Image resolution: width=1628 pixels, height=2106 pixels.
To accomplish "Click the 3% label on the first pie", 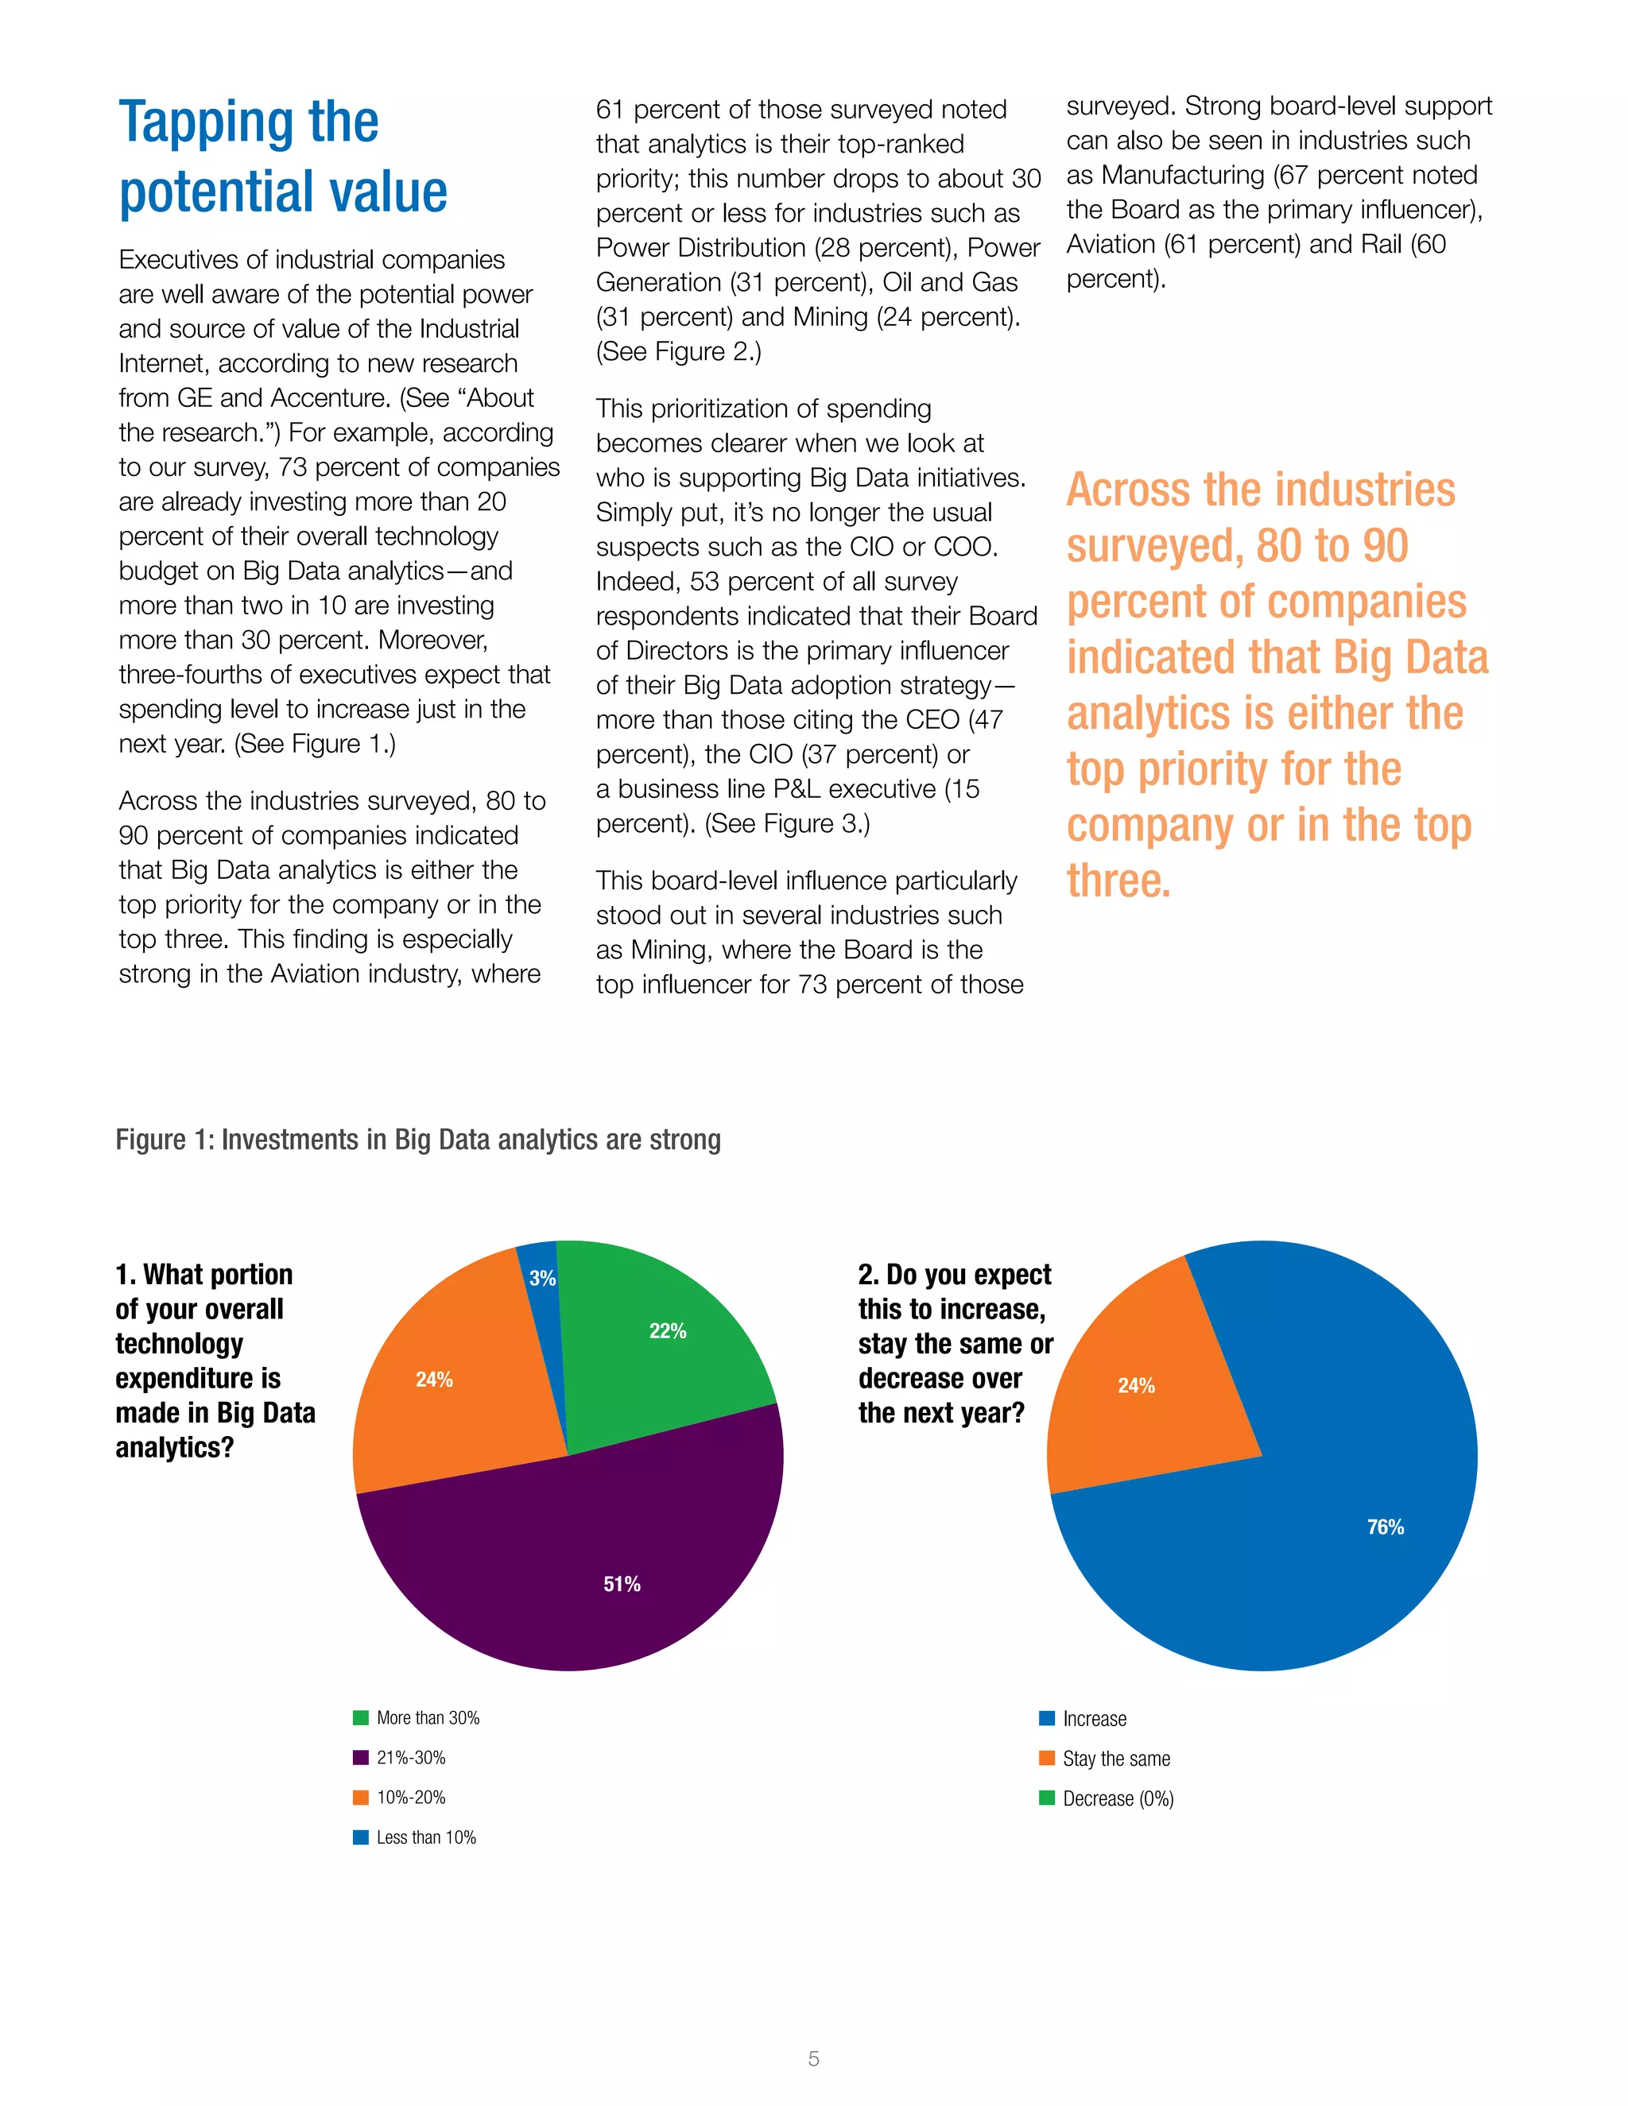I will click(x=542, y=1279).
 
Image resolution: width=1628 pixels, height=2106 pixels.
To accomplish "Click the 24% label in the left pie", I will click(x=434, y=1380).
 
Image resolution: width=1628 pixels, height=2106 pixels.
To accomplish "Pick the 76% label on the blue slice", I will click(x=1385, y=1527).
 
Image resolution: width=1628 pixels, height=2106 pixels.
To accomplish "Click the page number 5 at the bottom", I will click(x=813, y=2059).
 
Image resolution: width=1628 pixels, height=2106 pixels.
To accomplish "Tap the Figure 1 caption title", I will click(x=417, y=1140).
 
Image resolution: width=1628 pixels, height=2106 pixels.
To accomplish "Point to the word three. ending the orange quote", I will click(x=1118, y=881).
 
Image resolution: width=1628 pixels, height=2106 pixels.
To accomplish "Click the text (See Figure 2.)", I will click(x=678, y=352).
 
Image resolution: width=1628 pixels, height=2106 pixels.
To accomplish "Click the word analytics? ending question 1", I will click(x=175, y=1447).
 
